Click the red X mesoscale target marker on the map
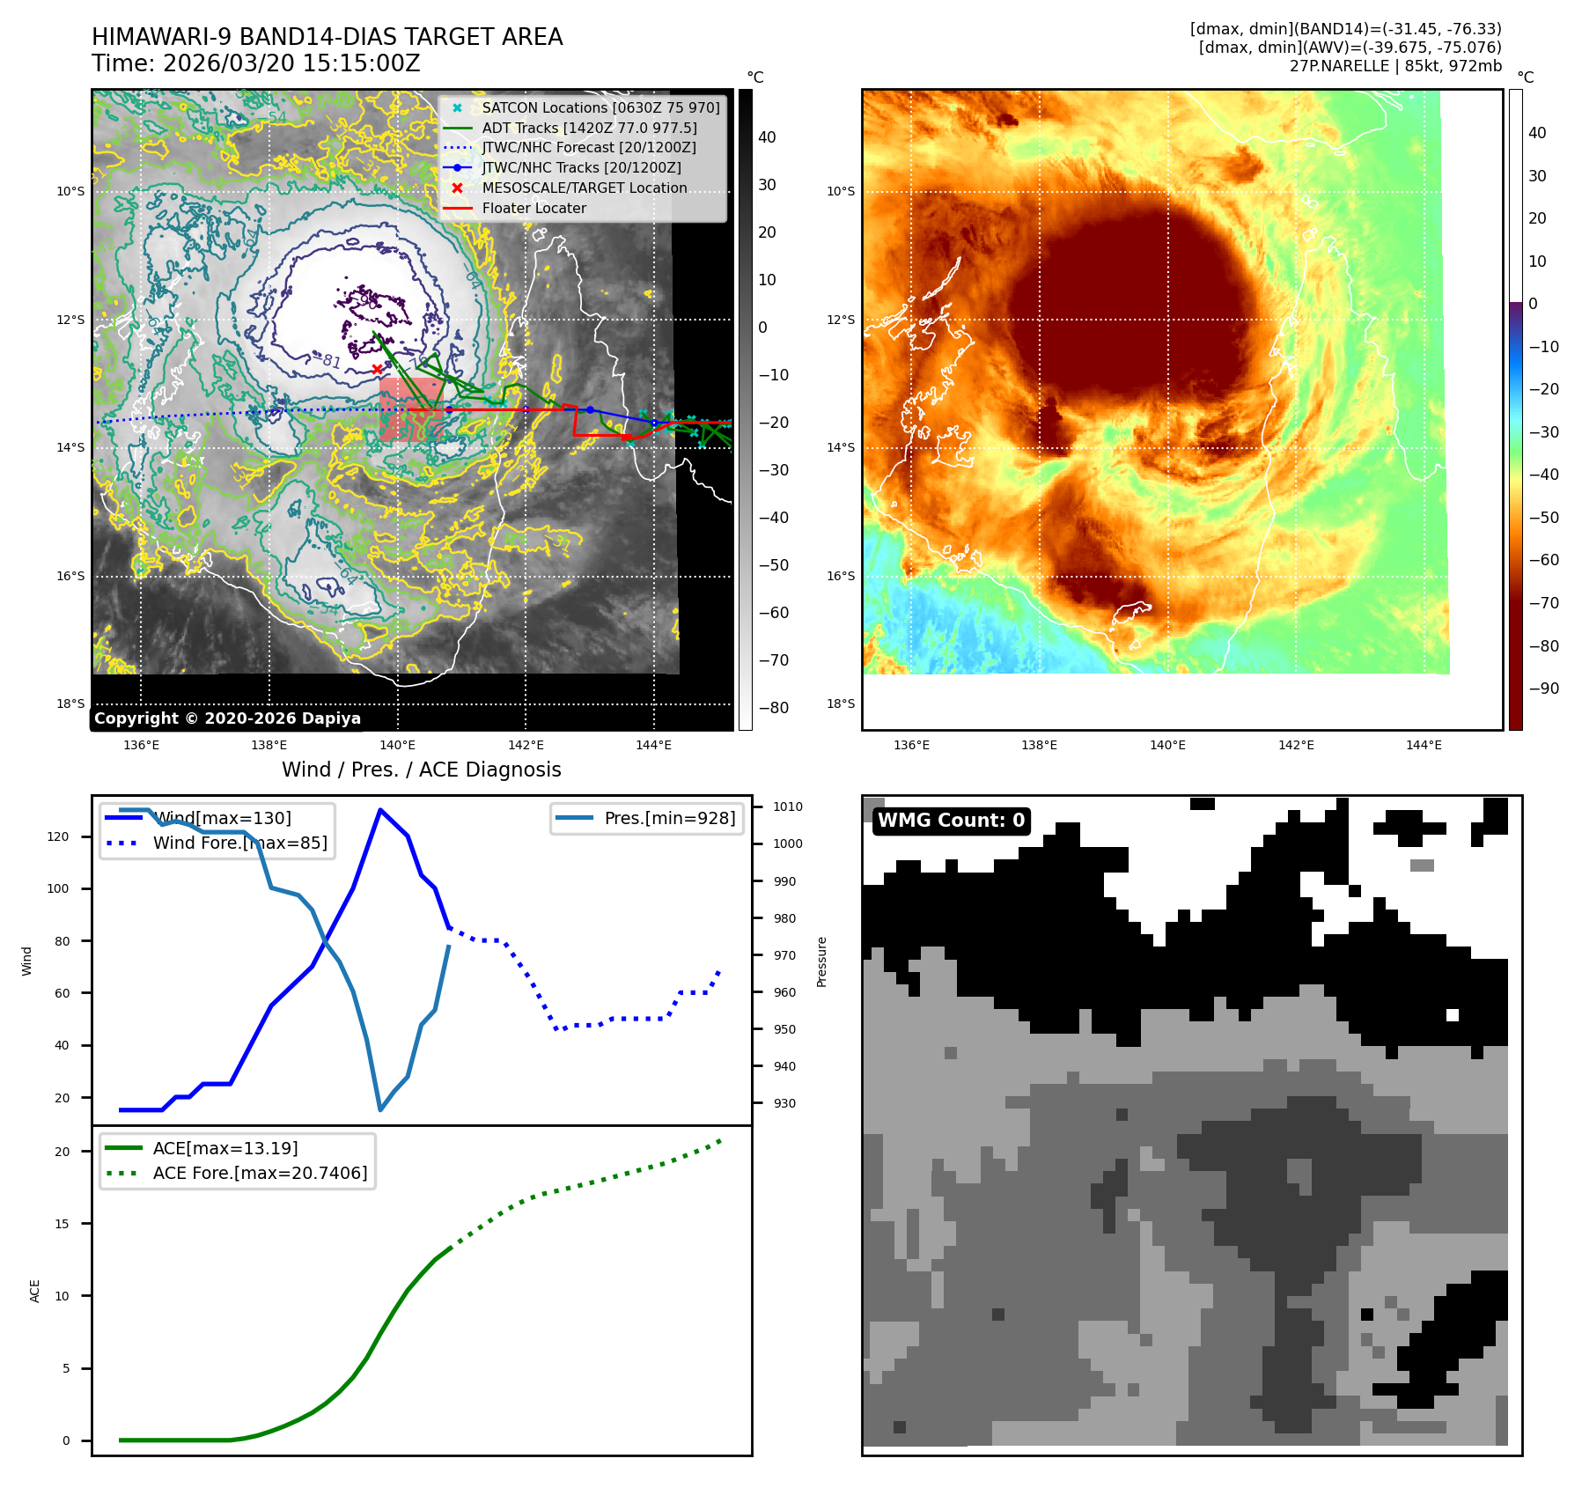(378, 369)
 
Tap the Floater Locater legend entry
(533, 209)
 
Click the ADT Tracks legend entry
(589, 128)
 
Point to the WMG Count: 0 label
(951, 821)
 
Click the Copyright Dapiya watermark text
(227, 718)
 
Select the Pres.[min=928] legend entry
(669, 818)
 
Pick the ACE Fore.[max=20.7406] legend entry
(260, 1173)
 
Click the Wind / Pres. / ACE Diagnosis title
(421, 770)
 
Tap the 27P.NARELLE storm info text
(1395, 66)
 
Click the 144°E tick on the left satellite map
(653, 745)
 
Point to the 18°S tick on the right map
(840, 703)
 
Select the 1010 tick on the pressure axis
(787, 807)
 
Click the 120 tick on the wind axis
(58, 836)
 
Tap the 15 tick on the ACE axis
(62, 1224)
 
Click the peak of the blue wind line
(379, 810)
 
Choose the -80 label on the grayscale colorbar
(773, 708)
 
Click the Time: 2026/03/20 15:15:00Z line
(255, 64)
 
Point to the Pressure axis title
(821, 961)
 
